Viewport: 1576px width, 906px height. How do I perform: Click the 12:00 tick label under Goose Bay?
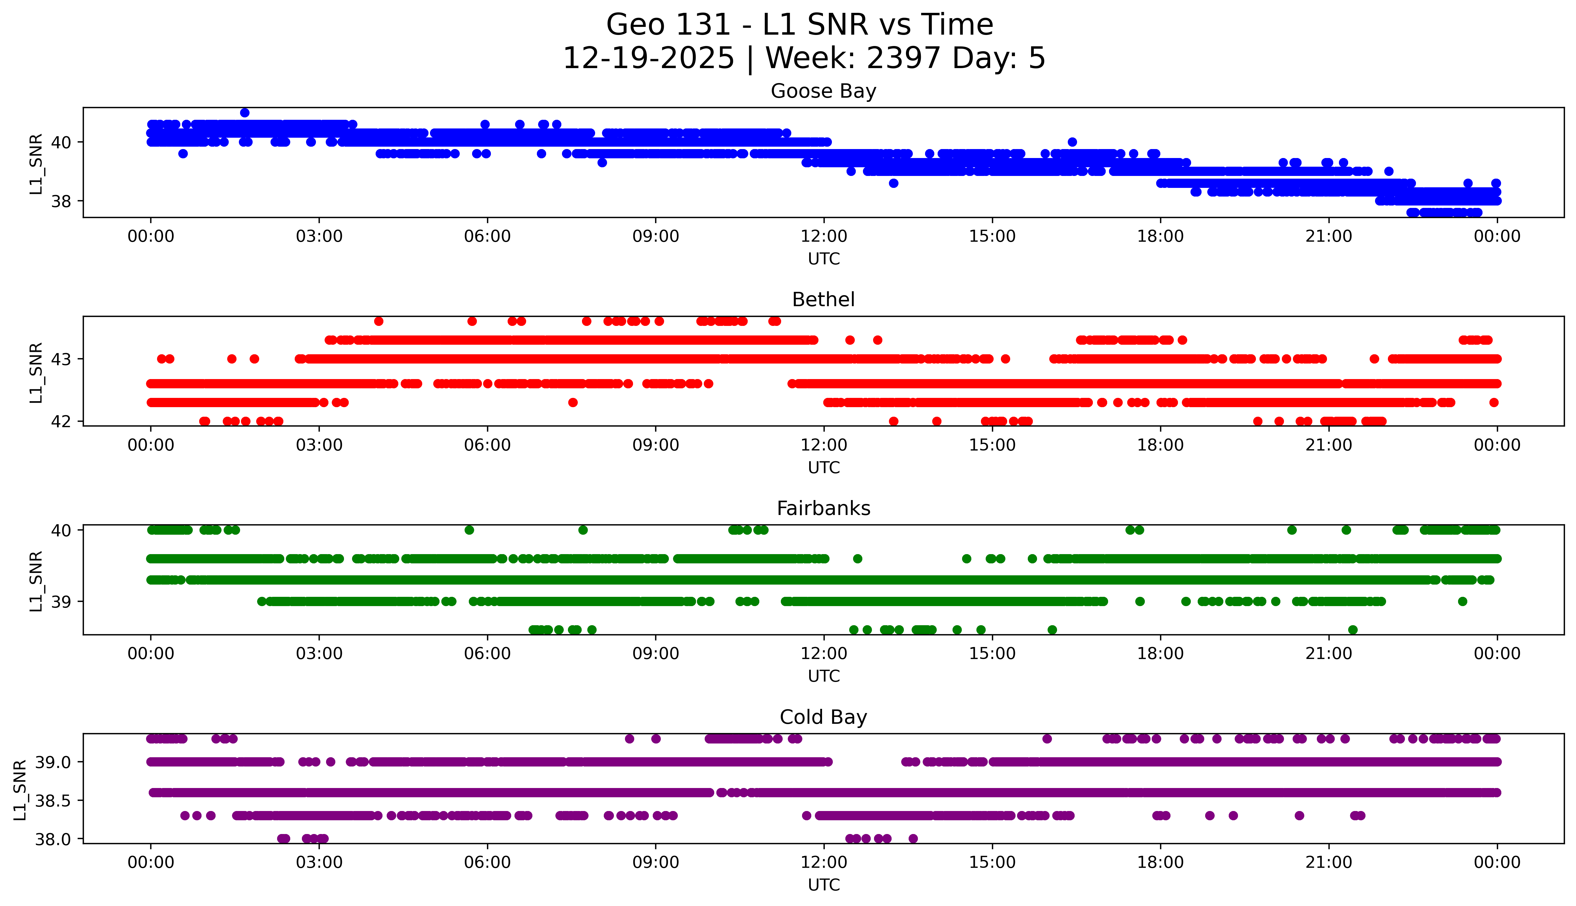(824, 237)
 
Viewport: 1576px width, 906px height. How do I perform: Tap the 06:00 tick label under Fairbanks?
(487, 653)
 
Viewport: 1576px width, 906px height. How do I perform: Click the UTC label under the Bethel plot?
(824, 467)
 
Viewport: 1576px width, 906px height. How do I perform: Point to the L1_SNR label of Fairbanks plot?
(36, 581)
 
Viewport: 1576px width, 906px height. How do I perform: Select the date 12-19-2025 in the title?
(649, 59)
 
